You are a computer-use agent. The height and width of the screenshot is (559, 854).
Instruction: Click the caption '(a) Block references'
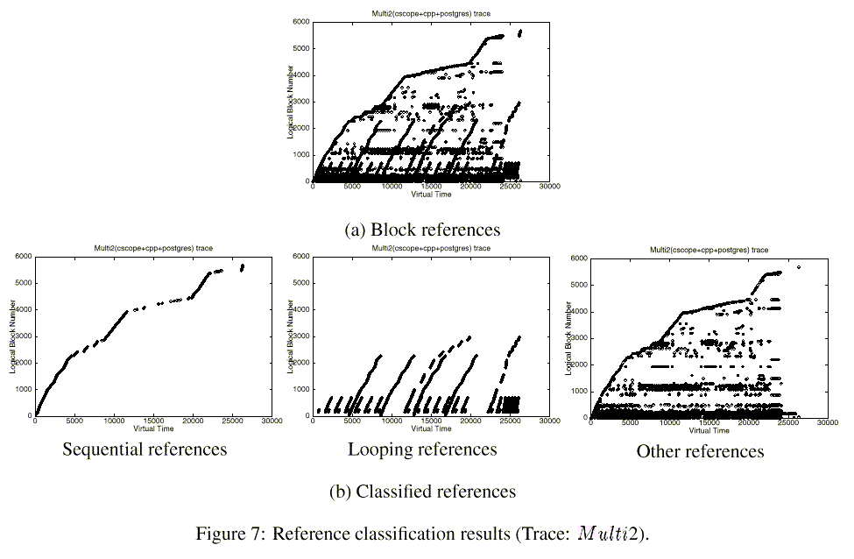[x=423, y=230]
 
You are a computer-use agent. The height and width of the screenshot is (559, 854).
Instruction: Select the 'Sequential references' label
[x=145, y=449]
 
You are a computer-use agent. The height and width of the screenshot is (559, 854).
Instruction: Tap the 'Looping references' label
[x=422, y=449]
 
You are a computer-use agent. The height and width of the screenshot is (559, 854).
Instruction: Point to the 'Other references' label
[x=700, y=451]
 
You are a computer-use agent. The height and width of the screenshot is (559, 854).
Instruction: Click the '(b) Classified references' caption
[x=422, y=491]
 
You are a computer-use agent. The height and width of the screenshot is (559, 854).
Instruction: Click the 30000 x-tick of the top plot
[x=549, y=187]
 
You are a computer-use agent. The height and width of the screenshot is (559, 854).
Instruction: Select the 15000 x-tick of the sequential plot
[x=153, y=422]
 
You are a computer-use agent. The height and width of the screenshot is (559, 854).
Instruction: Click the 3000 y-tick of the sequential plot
[x=24, y=336]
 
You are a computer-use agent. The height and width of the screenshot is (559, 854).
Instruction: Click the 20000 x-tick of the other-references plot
[x=749, y=423]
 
